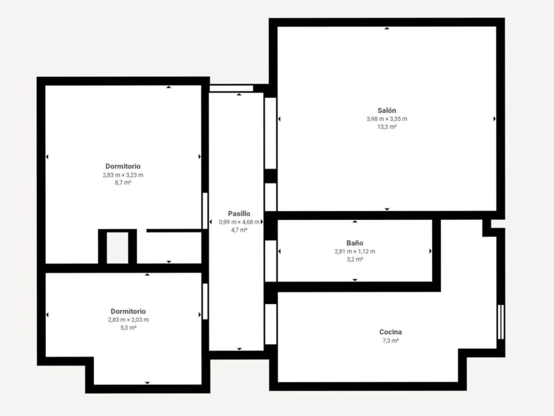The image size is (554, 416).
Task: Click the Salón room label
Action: [387, 111]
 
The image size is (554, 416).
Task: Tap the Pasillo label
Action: [239, 214]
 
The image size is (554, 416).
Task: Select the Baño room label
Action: [355, 243]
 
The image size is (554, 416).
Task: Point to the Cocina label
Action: [390, 332]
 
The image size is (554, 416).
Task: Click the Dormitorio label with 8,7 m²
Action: [123, 166]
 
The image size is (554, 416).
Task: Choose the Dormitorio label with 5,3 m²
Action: [128, 311]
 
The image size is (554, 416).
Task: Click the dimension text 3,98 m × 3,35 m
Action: [387, 119]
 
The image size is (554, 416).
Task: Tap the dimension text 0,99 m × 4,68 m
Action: [239, 222]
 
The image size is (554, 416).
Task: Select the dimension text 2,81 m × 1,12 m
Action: [355, 251]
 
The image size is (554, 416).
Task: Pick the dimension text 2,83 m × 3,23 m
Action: [123, 175]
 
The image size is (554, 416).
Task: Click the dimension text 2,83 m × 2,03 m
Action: [128, 320]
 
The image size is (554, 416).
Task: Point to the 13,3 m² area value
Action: [387, 127]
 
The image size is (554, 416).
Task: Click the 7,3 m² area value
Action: [390, 341]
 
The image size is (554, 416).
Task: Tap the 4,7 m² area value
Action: [239, 230]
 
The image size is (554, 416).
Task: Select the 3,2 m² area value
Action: [355, 259]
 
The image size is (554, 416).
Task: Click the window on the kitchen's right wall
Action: [501, 322]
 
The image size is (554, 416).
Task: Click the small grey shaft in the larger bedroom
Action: [117, 248]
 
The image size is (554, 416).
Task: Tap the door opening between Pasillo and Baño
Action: [270, 261]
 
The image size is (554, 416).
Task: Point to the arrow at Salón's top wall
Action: [387, 28]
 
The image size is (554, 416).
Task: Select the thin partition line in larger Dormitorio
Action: [174, 231]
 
